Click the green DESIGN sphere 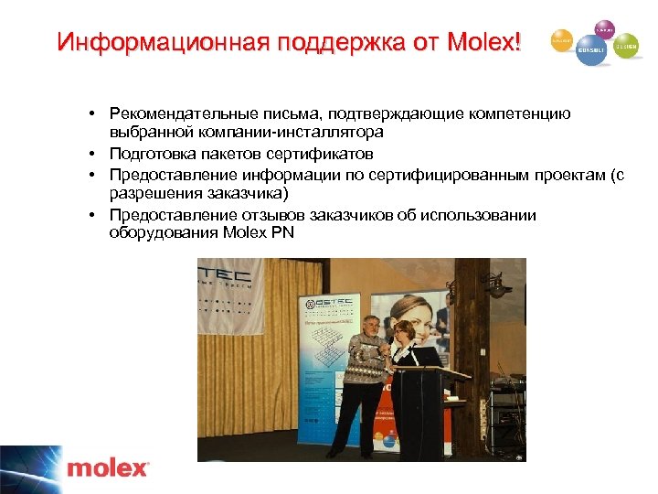click(x=626, y=45)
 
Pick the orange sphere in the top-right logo click(x=562, y=40)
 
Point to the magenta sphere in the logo click(x=603, y=29)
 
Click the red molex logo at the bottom click(x=107, y=469)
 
